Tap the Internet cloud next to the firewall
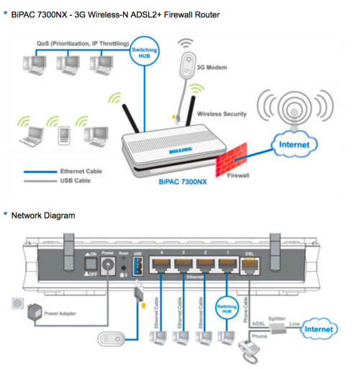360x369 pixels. [x=292, y=145]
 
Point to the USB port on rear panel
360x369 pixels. [x=138, y=267]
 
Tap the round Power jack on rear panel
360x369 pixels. [x=110, y=270]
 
